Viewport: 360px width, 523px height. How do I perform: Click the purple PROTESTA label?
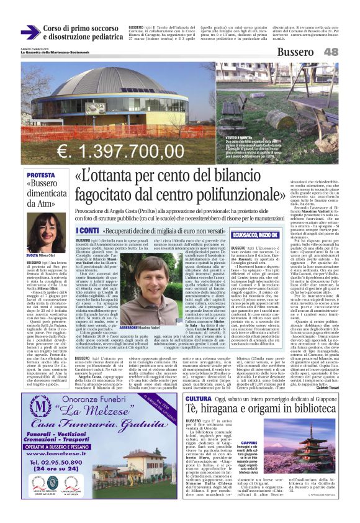[x=40, y=176]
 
